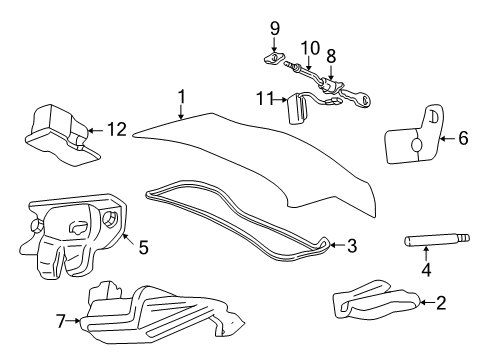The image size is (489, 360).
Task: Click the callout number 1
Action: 181,97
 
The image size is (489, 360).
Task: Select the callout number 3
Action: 350,246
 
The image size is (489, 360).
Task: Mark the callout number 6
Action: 462,139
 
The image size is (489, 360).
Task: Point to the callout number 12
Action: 118,128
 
